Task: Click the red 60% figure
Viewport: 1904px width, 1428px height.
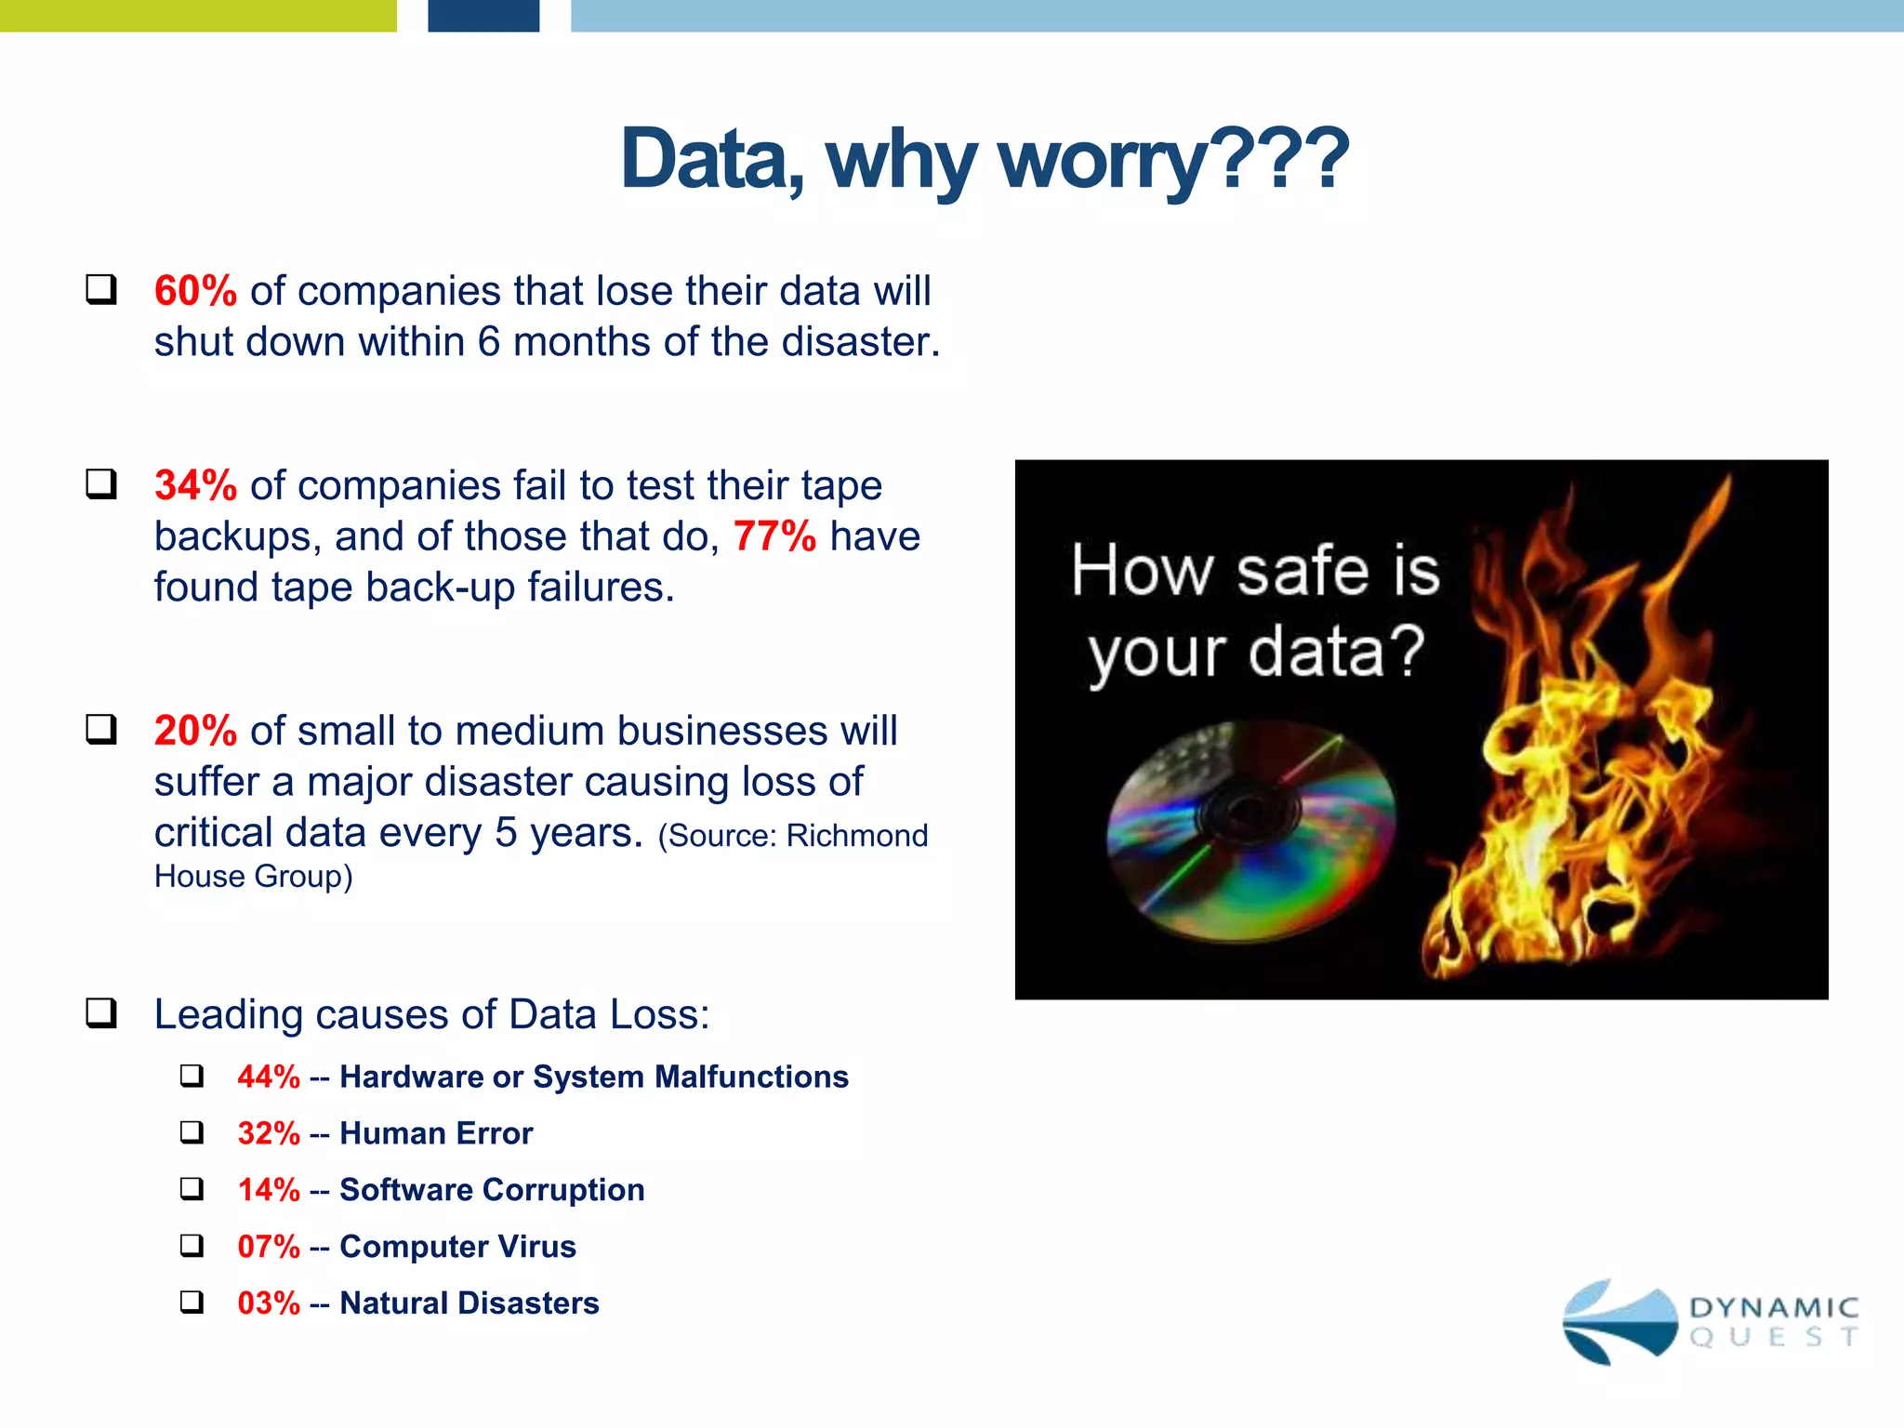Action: (x=195, y=291)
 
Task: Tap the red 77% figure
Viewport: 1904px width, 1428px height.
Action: (x=774, y=536)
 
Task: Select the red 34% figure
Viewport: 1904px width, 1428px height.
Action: (x=195, y=485)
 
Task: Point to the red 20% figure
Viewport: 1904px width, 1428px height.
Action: (x=195, y=731)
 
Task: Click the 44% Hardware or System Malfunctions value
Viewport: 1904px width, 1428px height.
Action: (x=269, y=1077)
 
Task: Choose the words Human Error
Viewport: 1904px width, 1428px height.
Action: (x=436, y=1133)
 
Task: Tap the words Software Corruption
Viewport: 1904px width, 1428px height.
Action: (x=492, y=1190)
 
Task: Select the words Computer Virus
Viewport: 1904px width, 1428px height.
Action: (x=457, y=1247)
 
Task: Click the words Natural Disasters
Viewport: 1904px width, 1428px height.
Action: (x=469, y=1303)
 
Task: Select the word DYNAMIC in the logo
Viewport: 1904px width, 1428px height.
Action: (x=1774, y=1308)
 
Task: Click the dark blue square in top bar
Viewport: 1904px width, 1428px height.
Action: (x=483, y=16)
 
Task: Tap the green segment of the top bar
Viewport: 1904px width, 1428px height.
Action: (x=198, y=16)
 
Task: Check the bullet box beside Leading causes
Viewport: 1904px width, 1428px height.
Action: (x=101, y=1013)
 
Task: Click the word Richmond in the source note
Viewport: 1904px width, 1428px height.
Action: (x=856, y=836)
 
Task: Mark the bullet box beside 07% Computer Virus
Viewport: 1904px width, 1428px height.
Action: (x=192, y=1246)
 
